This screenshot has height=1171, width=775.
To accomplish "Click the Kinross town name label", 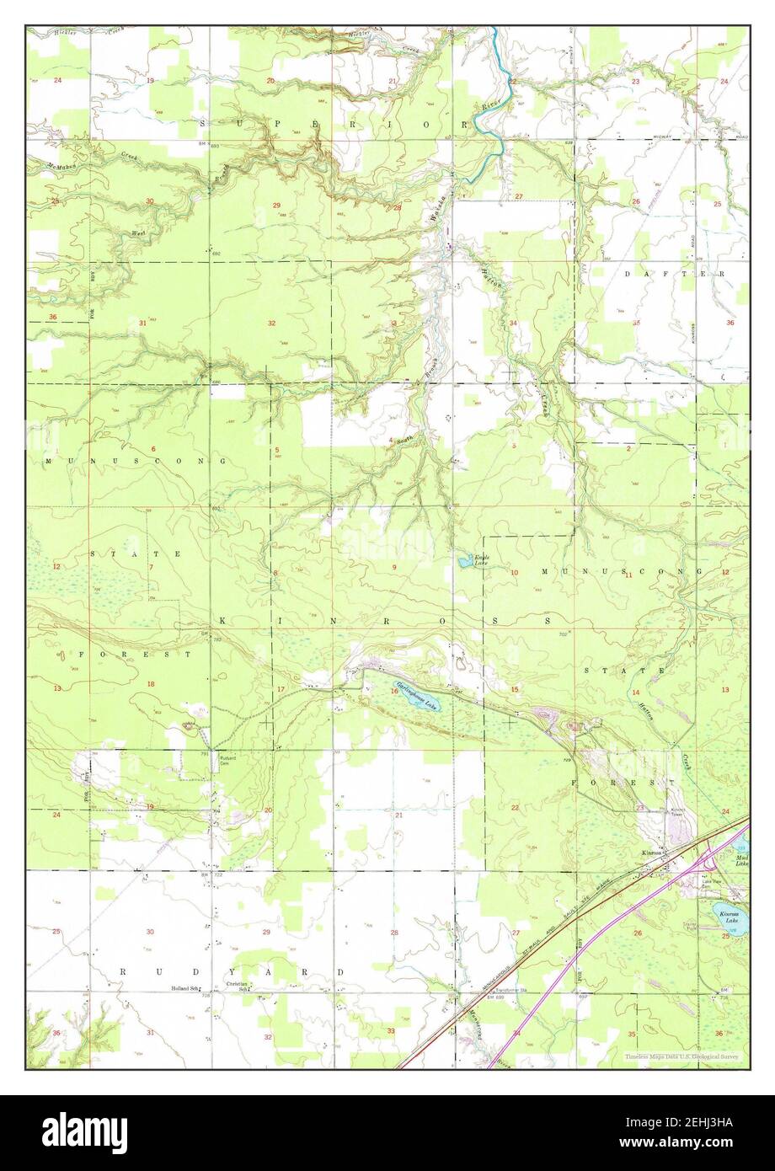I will click(653, 853).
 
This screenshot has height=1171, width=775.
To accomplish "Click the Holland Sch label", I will click(184, 988).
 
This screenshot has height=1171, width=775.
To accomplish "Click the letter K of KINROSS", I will click(224, 620).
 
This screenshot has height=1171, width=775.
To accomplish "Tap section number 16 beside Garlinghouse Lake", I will click(393, 690).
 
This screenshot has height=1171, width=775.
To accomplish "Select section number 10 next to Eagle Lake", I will click(514, 573).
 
